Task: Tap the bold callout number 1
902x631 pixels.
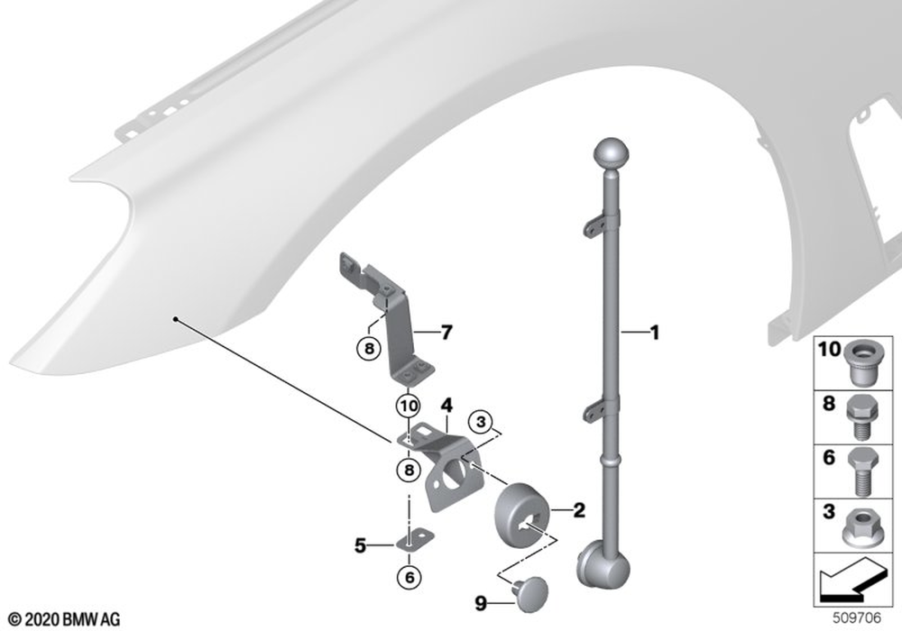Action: pyautogui.click(x=654, y=333)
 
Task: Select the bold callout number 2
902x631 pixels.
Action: pyautogui.click(x=579, y=509)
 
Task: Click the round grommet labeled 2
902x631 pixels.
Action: pyautogui.click(x=521, y=511)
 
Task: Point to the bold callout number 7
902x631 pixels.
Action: pyautogui.click(x=446, y=332)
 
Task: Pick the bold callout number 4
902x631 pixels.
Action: pyautogui.click(x=446, y=406)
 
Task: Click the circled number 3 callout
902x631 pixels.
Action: pyautogui.click(x=481, y=423)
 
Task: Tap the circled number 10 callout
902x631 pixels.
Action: pyautogui.click(x=408, y=407)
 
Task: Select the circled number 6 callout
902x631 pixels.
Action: pyautogui.click(x=409, y=576)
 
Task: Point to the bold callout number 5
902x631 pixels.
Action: pyautogui.click(x=360, y=545)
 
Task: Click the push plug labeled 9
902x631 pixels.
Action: pyautogui.click(x=529, y=594)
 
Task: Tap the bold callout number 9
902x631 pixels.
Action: pyautogui.click(x=481, y=603)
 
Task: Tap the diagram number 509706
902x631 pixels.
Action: pyautogui.click(x=857, y=617)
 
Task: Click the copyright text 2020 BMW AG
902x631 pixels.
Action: pyautogui.click(x=64, y=619)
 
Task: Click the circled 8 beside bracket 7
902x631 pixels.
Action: pyautogui.click(x=369, y=348)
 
